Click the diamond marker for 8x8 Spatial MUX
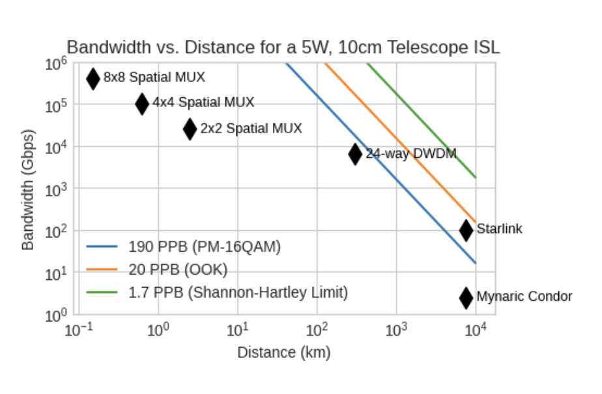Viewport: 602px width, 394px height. click(93, 78)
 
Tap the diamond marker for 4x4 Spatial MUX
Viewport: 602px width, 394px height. click(142, 103)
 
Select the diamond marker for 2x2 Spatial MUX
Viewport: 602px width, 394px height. click(190, 129)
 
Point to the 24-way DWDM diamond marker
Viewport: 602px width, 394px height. click(355, 154)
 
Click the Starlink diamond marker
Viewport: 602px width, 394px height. click(466, 230)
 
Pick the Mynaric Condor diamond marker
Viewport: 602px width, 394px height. click(466, 297)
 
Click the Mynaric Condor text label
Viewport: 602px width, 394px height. click(524, 297)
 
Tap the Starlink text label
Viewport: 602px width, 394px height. click(499, 229)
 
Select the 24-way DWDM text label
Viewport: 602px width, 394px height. click(410, 154)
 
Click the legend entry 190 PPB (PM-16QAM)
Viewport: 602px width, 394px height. click(204, 247)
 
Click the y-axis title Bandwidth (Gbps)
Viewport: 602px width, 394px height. click(27, 189)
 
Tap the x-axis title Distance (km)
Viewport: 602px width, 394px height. click(283, 353)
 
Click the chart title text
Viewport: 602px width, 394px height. click(283, 47)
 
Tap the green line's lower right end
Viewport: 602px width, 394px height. click(476, 177)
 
